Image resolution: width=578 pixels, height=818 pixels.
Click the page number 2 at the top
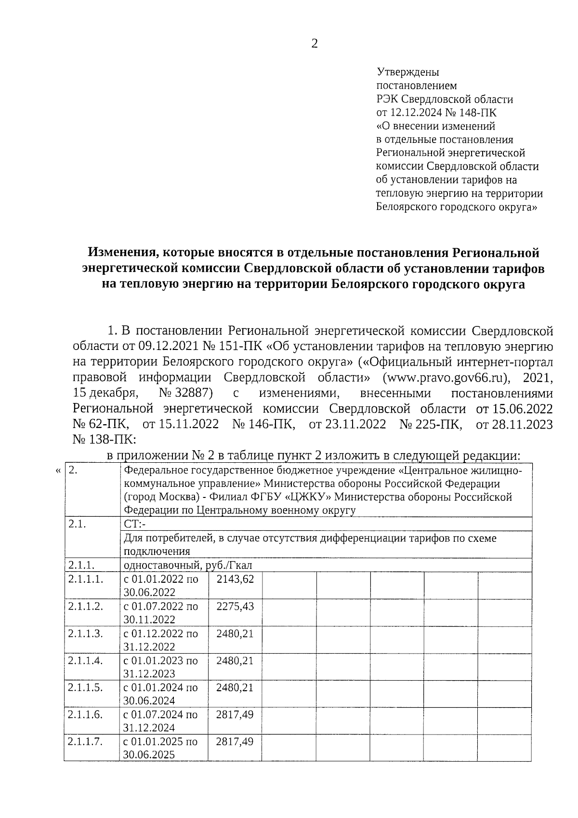tap(315, 44)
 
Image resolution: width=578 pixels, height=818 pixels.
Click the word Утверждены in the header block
tap(407, 72)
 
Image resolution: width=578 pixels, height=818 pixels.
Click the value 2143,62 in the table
tap(235, 579)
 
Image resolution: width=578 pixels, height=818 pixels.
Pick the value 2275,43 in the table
tap(235, 606)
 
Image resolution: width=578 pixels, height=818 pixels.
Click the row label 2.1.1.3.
tap(86, 633)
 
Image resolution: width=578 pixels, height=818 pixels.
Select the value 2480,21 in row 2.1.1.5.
tap(235, 687)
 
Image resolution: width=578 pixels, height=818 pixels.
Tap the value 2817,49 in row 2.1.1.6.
tap(235, 714)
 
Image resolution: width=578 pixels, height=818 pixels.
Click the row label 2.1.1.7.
tap(86, 741)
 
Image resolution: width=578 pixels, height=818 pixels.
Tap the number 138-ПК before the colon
tap(103, 440)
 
